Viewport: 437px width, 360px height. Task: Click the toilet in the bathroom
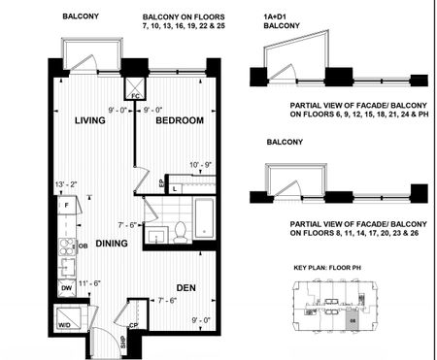180,231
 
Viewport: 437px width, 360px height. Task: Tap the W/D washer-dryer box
69,325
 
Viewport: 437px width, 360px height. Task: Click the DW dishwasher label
66,287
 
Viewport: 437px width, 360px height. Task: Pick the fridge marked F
66,206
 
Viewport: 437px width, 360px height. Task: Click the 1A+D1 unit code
280,16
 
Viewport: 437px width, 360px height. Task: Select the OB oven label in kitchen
84,245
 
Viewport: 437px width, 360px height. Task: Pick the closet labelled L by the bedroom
174,188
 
